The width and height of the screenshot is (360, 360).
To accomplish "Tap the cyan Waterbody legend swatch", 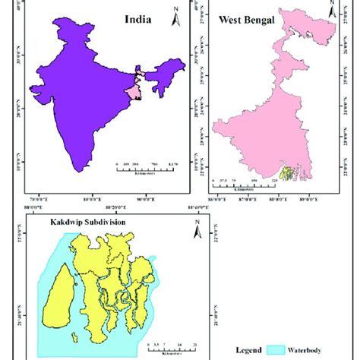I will [x=279, y=351].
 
